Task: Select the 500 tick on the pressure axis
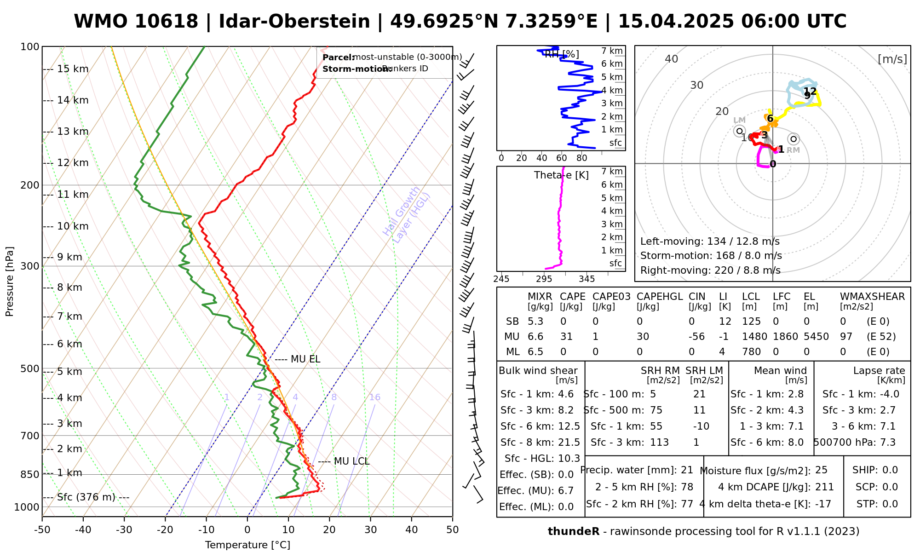coord(30,368)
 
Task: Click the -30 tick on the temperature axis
coord(124,530)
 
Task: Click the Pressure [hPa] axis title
coord(10,282)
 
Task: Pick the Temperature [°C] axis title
coord(247,545)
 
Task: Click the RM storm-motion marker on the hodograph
coord(793,139)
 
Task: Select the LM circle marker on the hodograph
coord(739,131)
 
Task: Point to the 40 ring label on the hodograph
coord(672,59)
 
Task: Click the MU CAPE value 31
coord(566,337)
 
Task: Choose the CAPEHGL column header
coord(660,297)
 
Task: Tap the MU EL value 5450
coord(816,337)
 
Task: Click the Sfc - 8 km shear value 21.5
coord(569,442)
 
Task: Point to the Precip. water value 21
coord(687,470)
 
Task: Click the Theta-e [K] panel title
coord(561,175)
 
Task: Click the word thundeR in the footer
coord(573,532)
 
